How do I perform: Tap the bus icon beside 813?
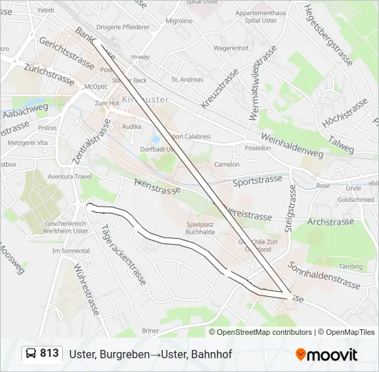coord(31,354)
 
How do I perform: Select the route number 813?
coord(49,353)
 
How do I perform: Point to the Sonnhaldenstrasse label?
coord(325,275)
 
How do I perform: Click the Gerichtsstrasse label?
coord(67,52)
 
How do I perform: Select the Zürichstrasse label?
coord(49,73)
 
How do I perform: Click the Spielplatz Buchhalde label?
coord(202,228)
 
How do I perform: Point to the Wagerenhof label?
coord(231,48)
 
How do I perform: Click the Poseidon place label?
coord(258,148)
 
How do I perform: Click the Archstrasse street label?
coord(329,222)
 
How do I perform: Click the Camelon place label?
coord(227,165)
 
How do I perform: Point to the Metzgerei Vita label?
coord(23,142)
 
